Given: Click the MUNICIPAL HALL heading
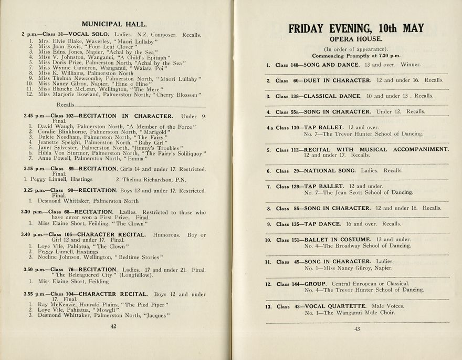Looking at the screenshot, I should [113, 24].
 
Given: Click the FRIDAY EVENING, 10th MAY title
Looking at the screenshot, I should [356, 28].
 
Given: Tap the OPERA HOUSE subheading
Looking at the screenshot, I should [356, 39].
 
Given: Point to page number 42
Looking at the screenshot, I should [113, 326].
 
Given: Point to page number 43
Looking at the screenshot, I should [356, 329].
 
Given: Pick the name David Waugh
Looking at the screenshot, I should [53, 127].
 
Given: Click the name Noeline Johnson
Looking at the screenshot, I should [59, 257].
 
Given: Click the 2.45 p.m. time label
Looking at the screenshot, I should [35, 116].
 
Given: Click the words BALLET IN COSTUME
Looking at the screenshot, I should [338, 240].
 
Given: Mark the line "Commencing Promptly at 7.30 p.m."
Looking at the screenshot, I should [356, 56].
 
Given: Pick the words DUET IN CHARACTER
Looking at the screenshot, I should [337, 80].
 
